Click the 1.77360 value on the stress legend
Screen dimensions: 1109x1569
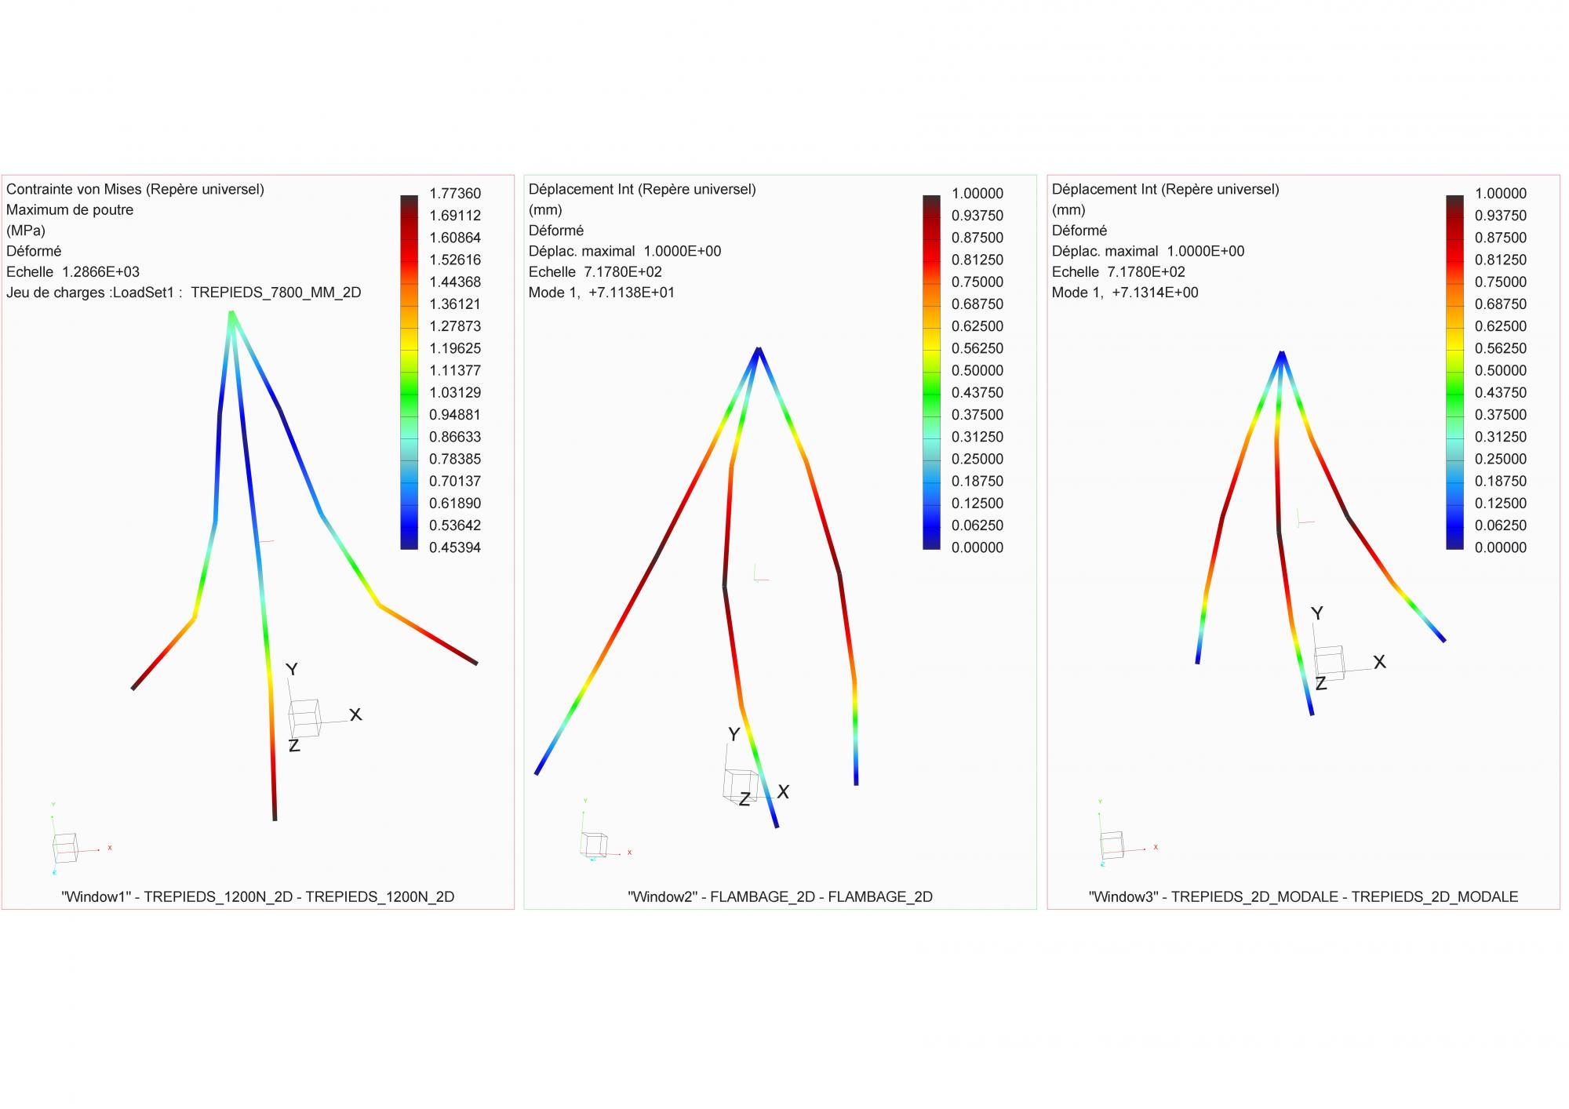pos(455,194)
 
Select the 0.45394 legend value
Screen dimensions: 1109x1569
pos(455,547)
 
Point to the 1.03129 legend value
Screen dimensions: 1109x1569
pos(455,392)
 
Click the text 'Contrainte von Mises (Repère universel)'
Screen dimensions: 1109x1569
pos(135,189)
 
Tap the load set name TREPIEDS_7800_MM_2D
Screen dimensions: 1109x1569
pos(275,293)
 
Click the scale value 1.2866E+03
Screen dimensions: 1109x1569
pos(100,272)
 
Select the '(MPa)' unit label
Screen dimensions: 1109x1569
pos(26,231)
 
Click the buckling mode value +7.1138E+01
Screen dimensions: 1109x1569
pos(632,293)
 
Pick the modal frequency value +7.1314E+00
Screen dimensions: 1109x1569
pos(1155,293)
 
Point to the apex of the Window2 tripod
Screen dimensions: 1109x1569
pos(759,348)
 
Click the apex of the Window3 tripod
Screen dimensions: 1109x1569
pos(1281,352)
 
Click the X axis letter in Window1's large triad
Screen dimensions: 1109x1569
pos(355,714)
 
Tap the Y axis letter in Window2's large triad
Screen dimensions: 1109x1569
pos(734,734)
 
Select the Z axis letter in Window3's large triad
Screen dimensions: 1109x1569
pos(1320,684)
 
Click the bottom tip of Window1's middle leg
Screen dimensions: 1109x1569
pos(275,819)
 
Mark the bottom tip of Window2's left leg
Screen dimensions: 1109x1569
pos(537,773)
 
